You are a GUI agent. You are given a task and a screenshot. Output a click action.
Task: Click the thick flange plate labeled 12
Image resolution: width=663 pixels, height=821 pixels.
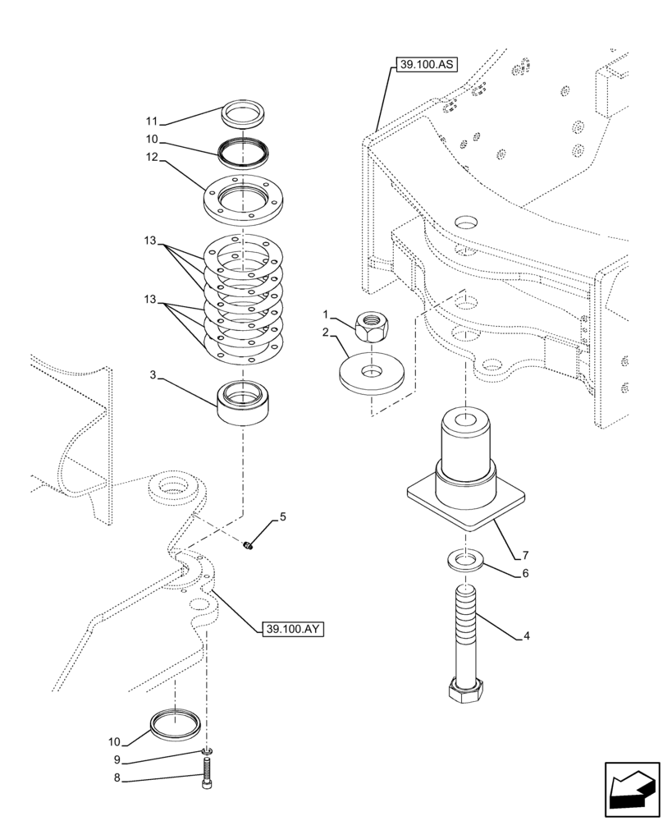point(242,200)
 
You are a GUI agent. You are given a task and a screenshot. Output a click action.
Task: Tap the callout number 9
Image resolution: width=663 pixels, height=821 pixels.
point(117,759)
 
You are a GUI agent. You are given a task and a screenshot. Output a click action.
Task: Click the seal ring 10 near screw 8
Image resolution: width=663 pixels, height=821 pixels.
point(174,725)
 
